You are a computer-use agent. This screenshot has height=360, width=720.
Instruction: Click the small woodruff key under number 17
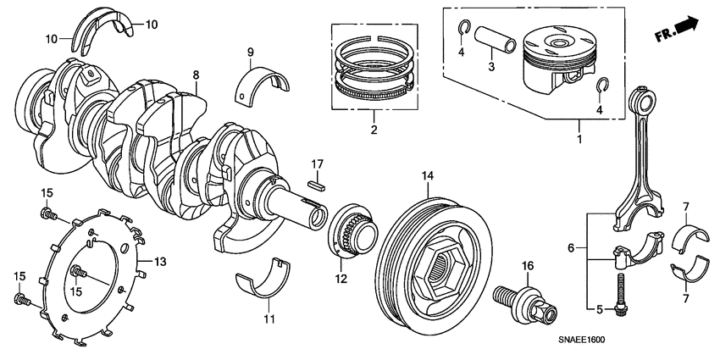pos(317,180)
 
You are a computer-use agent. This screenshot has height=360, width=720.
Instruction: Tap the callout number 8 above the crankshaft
pos(196,75)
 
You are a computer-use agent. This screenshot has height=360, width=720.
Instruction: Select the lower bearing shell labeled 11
pos(265,280)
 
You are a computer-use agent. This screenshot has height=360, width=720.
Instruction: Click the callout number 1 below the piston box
pos(579,135)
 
